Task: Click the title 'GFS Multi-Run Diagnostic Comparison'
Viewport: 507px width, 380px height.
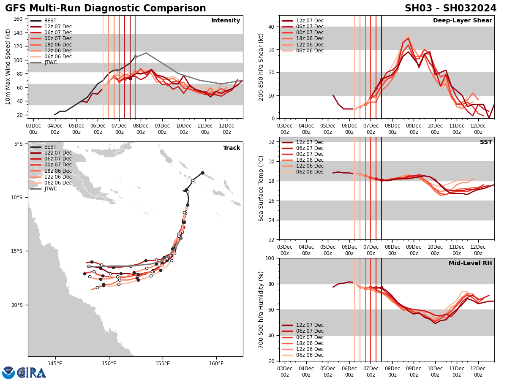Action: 106,8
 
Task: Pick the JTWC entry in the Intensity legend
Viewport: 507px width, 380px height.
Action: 50,62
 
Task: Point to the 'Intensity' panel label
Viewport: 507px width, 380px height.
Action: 225,21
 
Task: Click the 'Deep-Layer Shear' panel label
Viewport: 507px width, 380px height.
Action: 462,21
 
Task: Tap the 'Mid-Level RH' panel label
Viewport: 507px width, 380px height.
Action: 470,263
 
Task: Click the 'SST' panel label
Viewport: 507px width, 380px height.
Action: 485,142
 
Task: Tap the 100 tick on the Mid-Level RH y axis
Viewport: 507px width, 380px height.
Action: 270,258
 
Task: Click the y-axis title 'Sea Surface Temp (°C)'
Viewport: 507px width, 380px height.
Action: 261,188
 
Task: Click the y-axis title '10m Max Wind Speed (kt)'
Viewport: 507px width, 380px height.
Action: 8,67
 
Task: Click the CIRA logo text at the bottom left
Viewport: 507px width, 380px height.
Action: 31,373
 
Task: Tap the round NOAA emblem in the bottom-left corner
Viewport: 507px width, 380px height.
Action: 8,372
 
